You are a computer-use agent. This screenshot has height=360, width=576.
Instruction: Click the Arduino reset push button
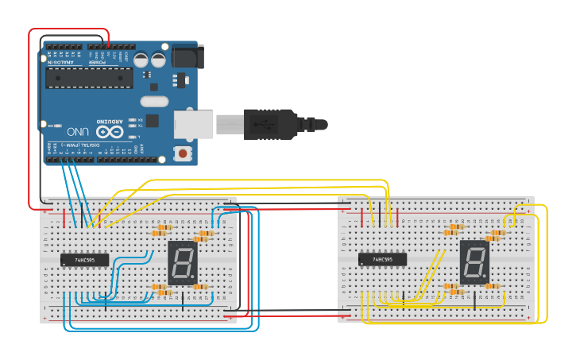[x=184, y=153]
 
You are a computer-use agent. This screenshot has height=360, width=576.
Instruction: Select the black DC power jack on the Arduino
[x=187, y=56]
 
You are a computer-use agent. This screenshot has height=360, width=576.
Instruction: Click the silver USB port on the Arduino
[x=194, y=124]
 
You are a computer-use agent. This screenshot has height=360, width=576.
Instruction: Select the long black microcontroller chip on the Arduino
[x=89, y=77]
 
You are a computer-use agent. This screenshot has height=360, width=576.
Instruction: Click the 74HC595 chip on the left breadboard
[x=84, y=259]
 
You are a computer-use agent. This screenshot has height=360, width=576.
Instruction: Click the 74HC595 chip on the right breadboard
[x=382, y=259]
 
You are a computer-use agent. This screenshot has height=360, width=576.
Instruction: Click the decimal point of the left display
[x=193, y=278]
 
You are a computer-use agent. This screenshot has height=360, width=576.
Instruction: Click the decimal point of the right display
[x=485, y=278]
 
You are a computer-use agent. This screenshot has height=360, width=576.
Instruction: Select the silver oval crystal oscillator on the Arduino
[x=155, y=101]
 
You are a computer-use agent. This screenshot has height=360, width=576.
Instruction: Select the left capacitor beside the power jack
[x=141, y=60]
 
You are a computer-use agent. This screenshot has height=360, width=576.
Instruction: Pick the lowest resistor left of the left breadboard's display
[x=163, y=292]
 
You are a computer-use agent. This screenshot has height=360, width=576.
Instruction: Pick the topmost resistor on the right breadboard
[x=455, y=226]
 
